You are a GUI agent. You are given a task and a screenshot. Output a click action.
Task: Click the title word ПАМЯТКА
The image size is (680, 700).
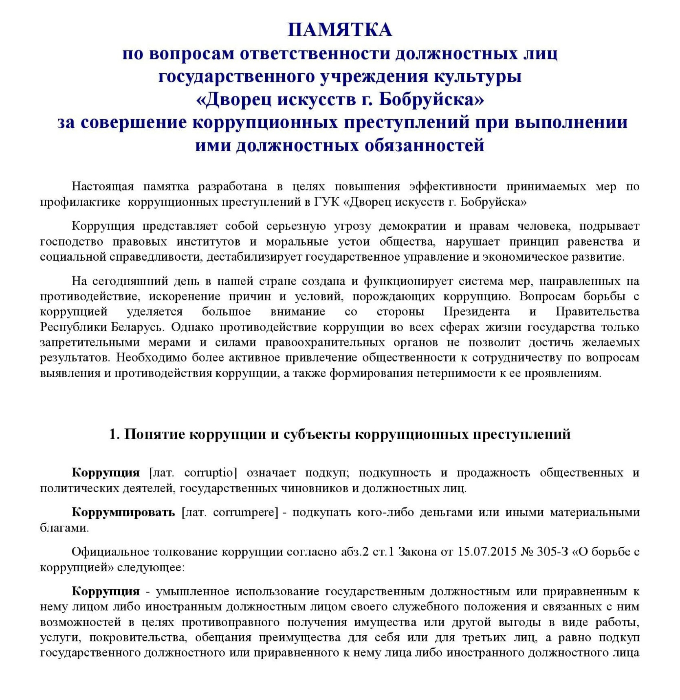(339, 30)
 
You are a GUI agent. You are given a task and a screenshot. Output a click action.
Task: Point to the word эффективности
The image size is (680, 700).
(453, 187)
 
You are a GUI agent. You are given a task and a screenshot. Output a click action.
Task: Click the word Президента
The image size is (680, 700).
(476, 312)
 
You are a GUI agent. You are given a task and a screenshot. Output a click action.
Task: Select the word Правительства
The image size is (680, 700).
(597, 312)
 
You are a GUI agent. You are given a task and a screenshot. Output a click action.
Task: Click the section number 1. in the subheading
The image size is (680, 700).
(114, 434)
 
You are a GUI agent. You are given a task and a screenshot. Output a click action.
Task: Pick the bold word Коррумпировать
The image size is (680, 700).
(123, 512)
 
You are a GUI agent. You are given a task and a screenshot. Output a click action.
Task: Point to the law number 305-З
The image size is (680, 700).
(552, 552)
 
